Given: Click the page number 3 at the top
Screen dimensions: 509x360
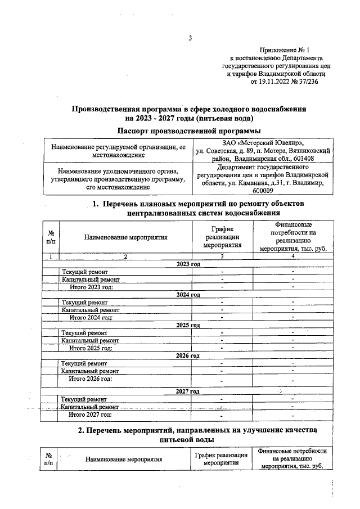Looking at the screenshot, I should tap(190, 38).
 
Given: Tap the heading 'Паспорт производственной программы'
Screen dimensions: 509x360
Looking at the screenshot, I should tap(190, 130).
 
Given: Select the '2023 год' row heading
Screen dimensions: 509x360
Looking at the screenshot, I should tap(188, 264).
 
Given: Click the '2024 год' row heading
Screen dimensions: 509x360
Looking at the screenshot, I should tap(188, 295).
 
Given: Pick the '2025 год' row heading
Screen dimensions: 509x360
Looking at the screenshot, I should tap(188, 325).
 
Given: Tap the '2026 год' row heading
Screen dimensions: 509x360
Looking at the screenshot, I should tap(188, 356).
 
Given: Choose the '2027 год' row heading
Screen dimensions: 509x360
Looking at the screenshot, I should tap(188, 391).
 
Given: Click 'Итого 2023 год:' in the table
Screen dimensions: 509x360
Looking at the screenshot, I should tap(91, 287).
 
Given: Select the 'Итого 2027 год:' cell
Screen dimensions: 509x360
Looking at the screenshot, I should tap(91, 415).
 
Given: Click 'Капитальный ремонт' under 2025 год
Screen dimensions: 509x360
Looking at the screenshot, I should tap(90, 340).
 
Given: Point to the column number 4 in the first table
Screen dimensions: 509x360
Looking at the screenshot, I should tap(292, 256).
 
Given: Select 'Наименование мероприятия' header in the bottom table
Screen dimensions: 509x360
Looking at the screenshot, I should tap(123, 459).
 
